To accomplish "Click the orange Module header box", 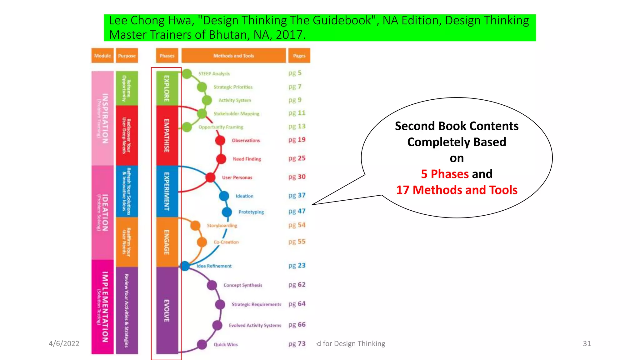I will tap(102, 56).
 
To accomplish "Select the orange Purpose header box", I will tap(127, 56).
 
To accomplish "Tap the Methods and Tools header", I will tap(233, 56).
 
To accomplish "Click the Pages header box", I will tap(299, 56).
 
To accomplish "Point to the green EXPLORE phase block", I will tap(167, 88).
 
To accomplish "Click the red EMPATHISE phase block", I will tap(167, 136).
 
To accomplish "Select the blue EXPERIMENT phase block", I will tap(167, 191).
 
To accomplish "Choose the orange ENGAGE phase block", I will tap(167, 242).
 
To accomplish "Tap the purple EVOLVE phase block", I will tap(167, 310).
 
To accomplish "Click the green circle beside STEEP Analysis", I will tap(187, 74).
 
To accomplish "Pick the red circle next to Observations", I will tap(220, 140).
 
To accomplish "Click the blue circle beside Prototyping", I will tap(227, 212).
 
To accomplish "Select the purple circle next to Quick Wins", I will tap(202, 344).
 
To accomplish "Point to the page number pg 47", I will tap(297, 211).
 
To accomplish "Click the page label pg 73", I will tap(297, 344).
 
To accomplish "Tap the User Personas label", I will tap(237, 177).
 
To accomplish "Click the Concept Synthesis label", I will tap(243, 285).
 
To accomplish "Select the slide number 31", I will tap(587, 344).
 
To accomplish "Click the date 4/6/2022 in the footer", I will tap(64, 344).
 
